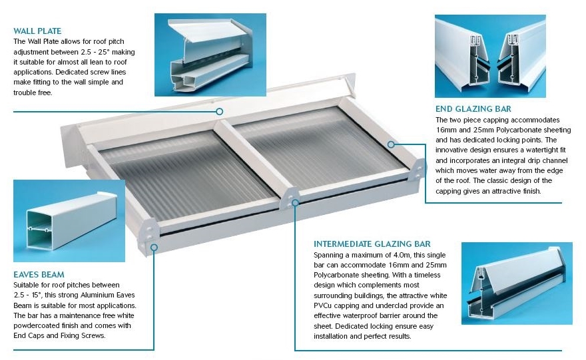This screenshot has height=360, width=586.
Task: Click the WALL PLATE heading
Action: click(37, 31)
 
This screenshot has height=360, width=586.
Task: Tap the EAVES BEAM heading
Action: click(39, 274)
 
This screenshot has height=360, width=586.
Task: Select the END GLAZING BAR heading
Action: click(473, 109)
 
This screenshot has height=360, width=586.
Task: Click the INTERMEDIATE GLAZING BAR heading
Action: click(372, 244)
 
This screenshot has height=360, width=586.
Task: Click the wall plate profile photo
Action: click(210, 55)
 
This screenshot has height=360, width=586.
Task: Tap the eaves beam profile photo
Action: click(69, 221)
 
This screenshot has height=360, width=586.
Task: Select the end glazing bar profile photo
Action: click(490, 56)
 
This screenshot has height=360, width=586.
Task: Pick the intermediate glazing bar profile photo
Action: click(517, 283)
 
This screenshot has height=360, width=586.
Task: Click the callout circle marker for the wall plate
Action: click(220, 111)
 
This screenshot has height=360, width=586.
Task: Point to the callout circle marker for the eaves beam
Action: click(154, 247)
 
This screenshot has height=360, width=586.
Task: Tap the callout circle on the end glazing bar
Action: click(391, 144)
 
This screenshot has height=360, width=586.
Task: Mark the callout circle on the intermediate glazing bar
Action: click(295, 203)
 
